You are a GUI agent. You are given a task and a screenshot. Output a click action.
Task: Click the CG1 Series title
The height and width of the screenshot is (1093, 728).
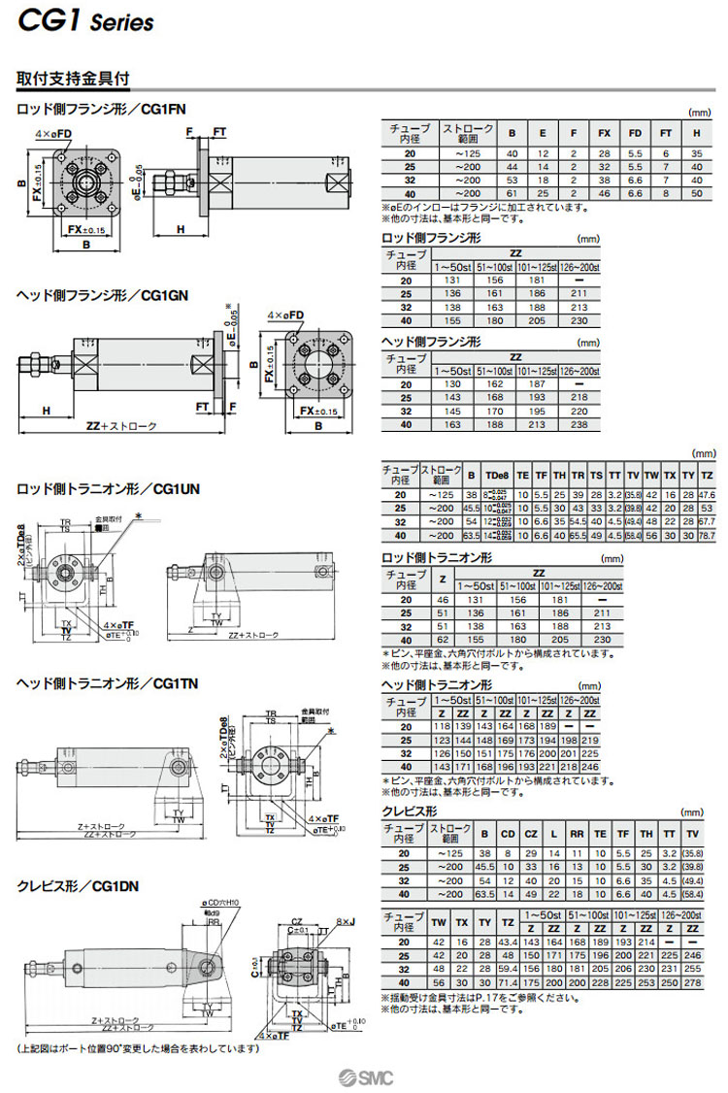(x=85, y=20)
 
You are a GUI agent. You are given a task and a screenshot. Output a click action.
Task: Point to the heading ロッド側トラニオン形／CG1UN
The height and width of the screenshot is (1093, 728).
(x=108, y=489)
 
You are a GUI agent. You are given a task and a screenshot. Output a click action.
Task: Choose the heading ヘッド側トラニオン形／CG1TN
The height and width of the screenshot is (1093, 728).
(x=107, y=683)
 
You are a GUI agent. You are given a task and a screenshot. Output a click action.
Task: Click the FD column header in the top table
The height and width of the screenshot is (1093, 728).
(x=634, y=134)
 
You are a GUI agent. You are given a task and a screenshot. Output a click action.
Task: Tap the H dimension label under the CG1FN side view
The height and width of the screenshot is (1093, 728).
(x=182, y=229)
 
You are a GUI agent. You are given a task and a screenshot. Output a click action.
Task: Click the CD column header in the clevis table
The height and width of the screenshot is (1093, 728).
(x=506, y=833)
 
